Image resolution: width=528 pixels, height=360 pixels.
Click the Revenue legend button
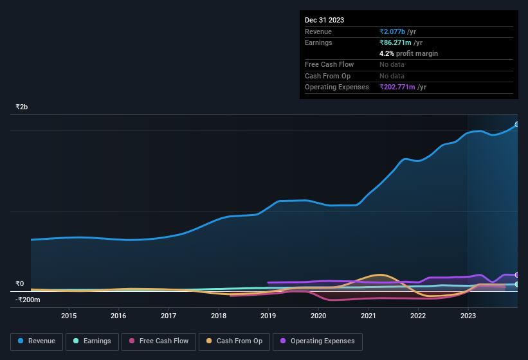(x=37, y=341)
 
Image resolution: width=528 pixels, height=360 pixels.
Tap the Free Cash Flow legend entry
(x=158, y=341)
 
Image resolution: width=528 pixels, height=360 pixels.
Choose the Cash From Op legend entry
(x=233, y=341)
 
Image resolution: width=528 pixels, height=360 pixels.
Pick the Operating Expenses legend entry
(x=317, y=341)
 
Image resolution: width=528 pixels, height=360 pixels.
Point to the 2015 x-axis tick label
(x=69, y=316)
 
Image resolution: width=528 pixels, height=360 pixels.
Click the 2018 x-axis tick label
(x=219, y=316)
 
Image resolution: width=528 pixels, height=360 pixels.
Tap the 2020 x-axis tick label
(x=318, y=316)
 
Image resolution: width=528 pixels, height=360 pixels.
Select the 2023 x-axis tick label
(x=468, y=316)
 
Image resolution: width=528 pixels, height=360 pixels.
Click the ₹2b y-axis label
(x=22, y=107)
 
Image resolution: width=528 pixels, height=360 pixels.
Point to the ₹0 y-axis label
(x=20, y=283)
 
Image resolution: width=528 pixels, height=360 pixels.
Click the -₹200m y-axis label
(x=28, y=300)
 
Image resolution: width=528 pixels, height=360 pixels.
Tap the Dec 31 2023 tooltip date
(x=324, y=20)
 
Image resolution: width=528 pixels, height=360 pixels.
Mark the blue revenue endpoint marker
(x=516, y=125)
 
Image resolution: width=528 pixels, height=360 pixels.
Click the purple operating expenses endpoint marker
(x=516, y=275)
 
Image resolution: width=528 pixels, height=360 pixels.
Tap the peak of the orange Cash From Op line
(x=379, y=274)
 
